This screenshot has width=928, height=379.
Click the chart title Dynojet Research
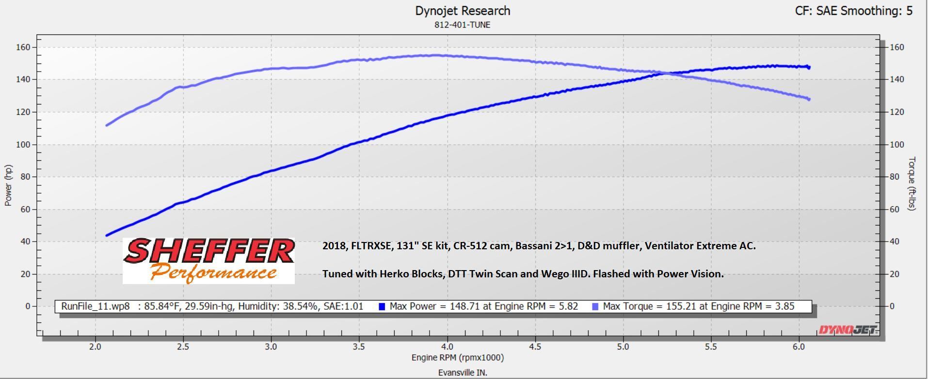[463, 11]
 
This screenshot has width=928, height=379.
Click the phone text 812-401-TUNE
[462, 25]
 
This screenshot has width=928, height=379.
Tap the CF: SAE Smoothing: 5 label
[853, 11]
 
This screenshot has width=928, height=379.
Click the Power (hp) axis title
[8, 185]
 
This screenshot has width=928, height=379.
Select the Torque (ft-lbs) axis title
[912, 183]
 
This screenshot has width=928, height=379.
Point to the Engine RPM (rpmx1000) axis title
[457, 358]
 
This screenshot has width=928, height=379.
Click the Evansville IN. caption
[463, 373]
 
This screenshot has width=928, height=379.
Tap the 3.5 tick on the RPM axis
[359, 347]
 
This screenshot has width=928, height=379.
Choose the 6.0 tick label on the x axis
[799, 347]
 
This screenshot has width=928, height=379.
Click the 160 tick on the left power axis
[23, 47]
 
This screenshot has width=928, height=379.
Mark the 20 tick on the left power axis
[25, 274]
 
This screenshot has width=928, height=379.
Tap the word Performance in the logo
[213, 273]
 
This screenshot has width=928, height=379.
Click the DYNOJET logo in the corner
[848, 331]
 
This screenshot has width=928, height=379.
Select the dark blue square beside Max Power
[382, 306]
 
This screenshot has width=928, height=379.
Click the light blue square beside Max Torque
[595, 306]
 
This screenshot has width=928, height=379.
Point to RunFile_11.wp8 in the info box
[96, 306]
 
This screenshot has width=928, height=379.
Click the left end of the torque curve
[107, 125]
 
